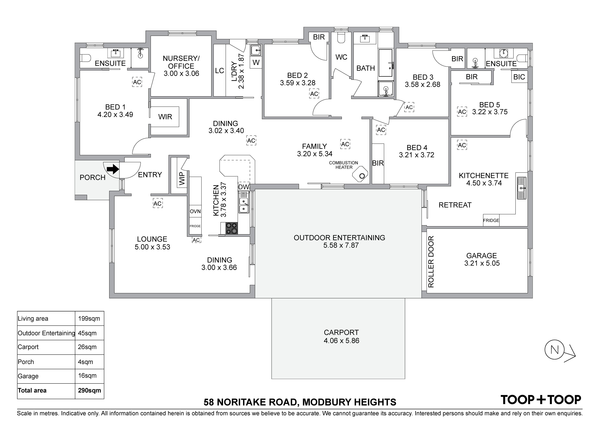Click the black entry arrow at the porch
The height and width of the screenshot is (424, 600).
pos(113,169)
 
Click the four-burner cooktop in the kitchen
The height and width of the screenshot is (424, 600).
pos(232,228)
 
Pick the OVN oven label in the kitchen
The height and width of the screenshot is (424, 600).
pos(195,211)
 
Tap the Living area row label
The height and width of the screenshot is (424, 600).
pos(33,319)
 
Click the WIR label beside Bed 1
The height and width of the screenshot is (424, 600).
pos(165,117)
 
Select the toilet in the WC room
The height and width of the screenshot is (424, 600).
pos(341,37)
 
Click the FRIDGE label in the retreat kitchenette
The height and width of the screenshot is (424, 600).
pos(491,221)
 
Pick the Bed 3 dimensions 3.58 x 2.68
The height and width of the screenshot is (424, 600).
pos(423,84)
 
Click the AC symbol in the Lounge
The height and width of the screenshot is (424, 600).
pos(158,203)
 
